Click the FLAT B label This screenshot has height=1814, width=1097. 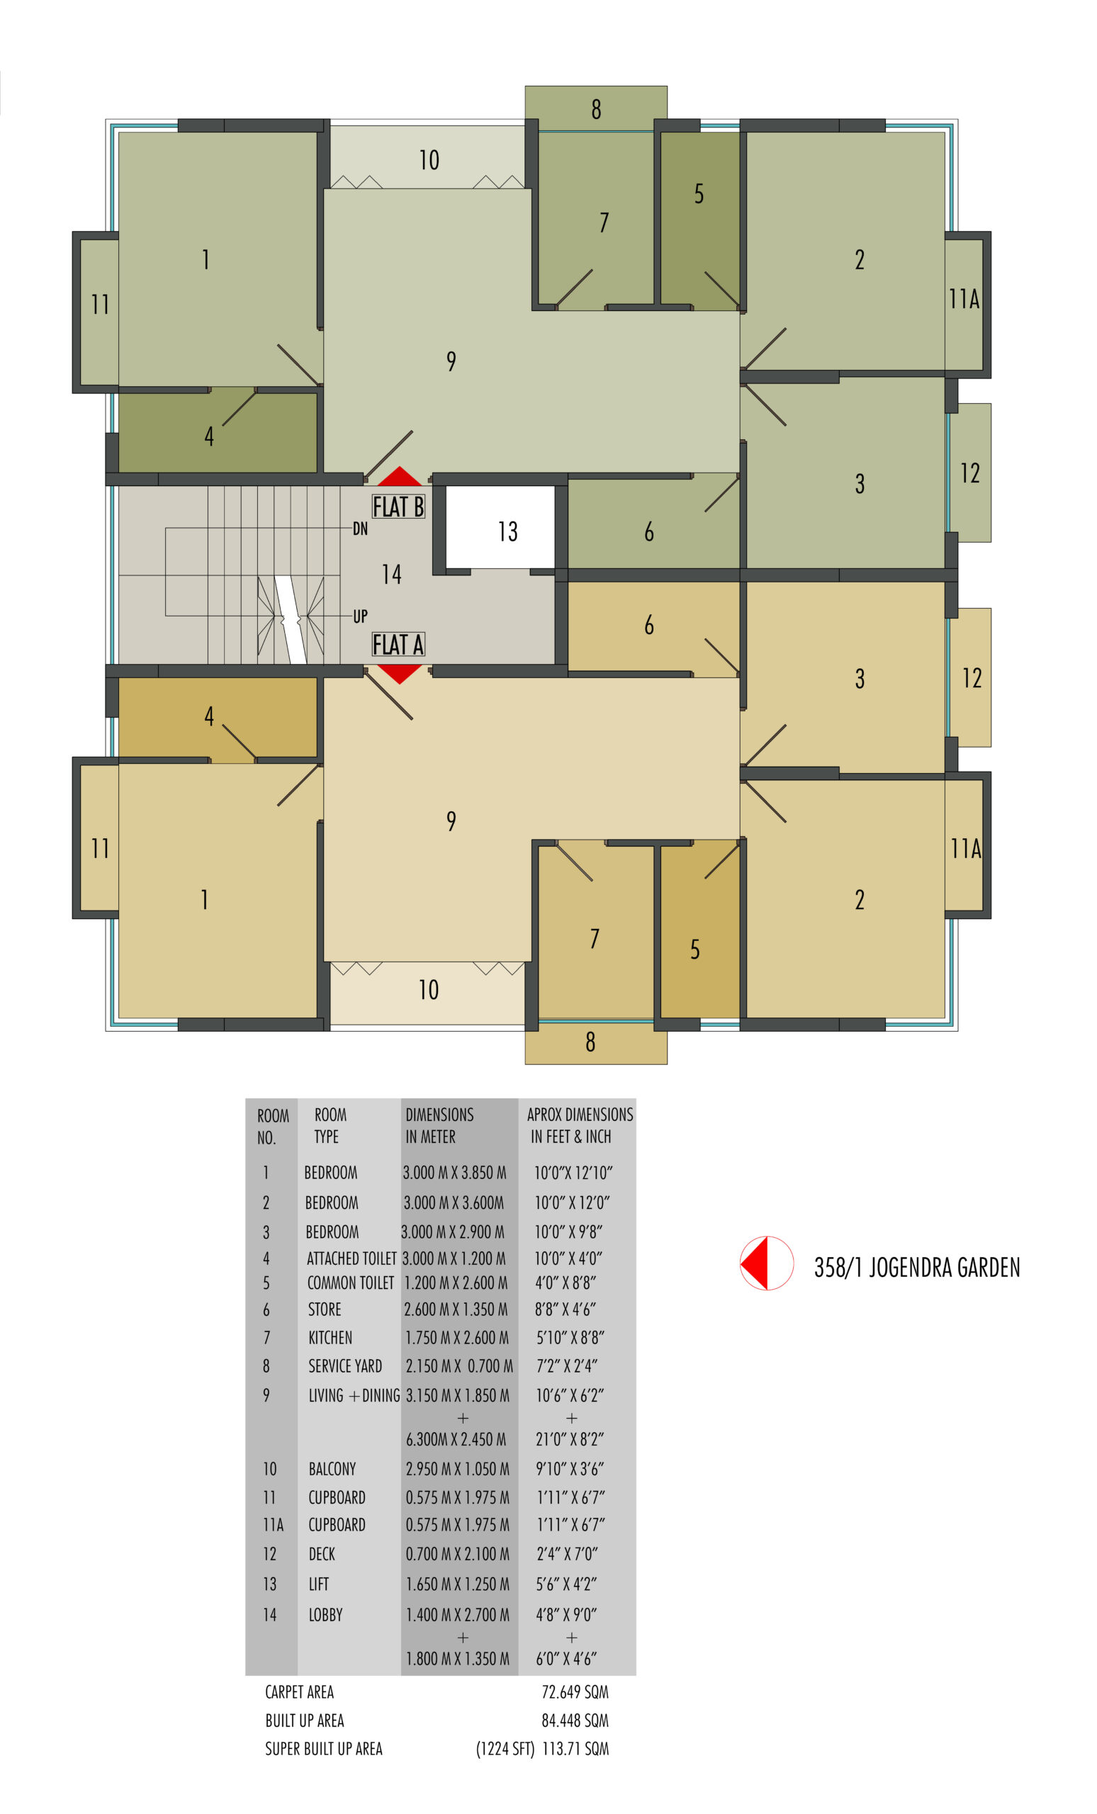tap(398, 507)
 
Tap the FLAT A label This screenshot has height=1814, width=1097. tap(398, 644)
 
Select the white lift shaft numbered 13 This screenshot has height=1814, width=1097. tap(500, 527)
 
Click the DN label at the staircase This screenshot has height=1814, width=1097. tap(360, 529)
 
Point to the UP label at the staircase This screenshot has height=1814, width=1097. tap(360, 616)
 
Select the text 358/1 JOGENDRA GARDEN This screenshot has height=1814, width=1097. tap(916, 1267)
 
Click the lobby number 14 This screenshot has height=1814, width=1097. tap(392, 574)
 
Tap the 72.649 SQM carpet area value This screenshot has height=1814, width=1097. tap(575, 1692)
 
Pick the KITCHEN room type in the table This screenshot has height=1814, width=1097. tap(330, 1338)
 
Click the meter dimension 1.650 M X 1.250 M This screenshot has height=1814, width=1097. tap(457, 1584)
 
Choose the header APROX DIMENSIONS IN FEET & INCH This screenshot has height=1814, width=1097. tap(580, 1125)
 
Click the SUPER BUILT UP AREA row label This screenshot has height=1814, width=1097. tap(324, 1750)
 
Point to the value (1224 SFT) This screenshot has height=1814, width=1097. tap(505, 1750)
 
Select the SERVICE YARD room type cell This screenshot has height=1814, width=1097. tap(344, 1366)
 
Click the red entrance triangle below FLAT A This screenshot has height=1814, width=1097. tap(399, 674)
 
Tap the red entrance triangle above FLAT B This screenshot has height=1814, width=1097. tap(399, 476)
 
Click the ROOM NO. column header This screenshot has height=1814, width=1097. tap(272, 1127)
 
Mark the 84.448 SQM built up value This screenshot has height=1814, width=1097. tap(575, 1720)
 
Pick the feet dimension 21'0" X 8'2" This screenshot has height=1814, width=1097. tap(570, 1439)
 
